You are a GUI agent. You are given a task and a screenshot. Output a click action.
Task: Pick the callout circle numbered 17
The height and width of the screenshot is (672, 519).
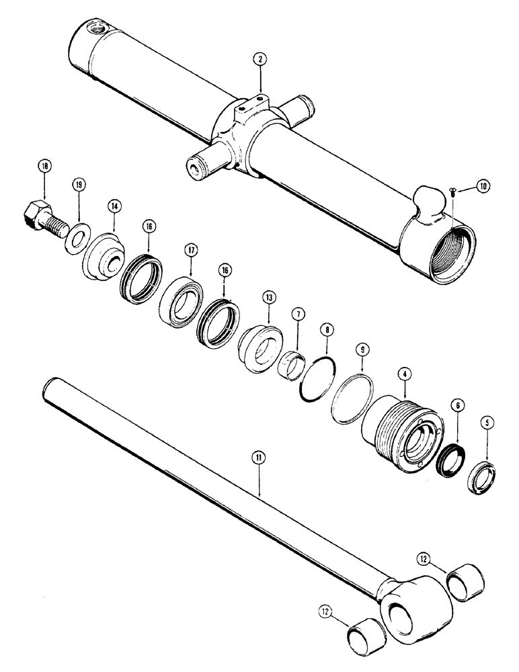191,251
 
